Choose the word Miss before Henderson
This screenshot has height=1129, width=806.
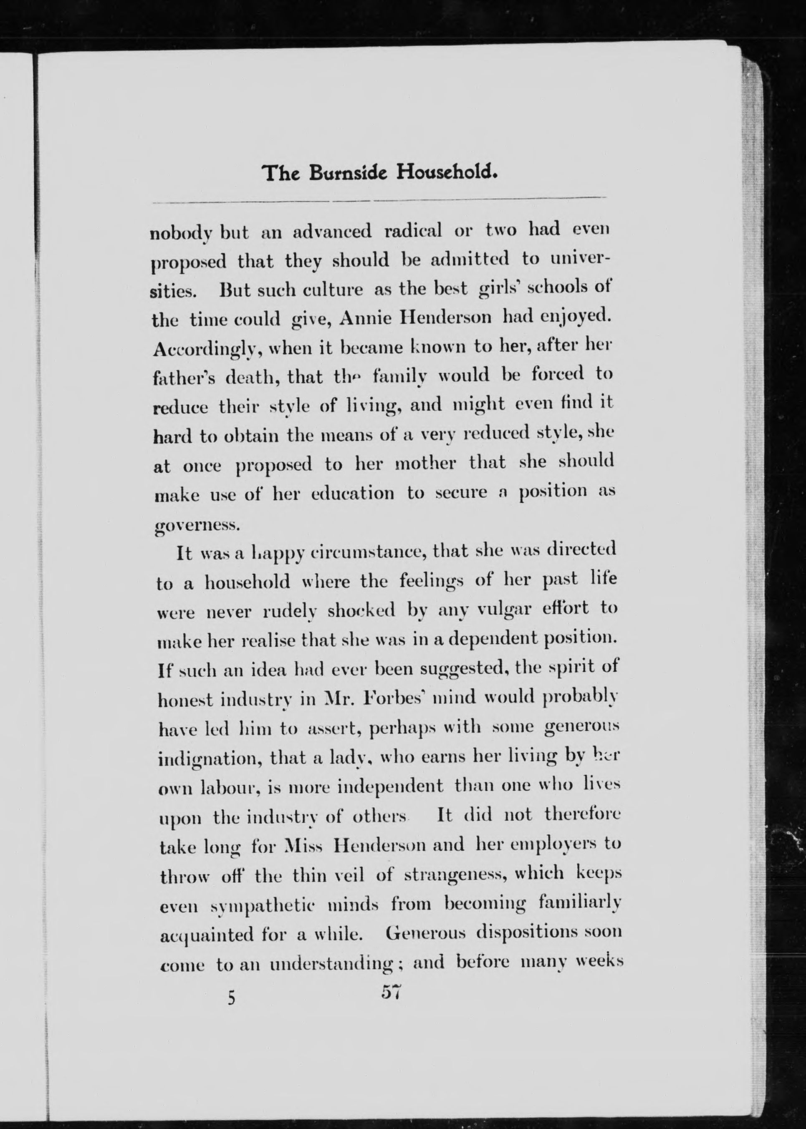pyautogui.click(x=304, y=845)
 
